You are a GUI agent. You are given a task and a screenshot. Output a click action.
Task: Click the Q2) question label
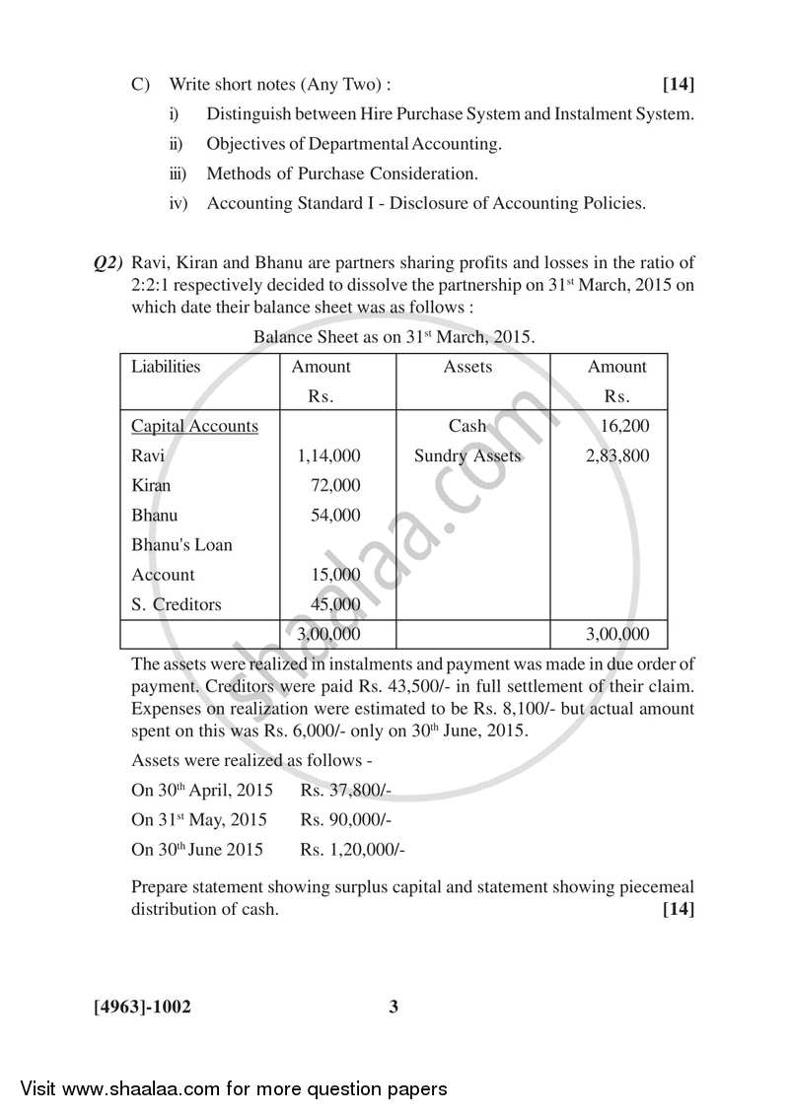106,263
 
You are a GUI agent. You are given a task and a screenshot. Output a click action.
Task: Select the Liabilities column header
166,367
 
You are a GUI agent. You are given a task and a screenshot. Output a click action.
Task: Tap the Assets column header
467,367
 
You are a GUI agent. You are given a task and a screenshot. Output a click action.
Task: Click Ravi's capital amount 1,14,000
327,456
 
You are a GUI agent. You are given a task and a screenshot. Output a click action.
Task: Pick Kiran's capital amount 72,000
337,486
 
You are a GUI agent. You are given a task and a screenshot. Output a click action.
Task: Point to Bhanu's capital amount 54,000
337,516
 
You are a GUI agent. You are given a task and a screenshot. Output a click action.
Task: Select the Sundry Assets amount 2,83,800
617,456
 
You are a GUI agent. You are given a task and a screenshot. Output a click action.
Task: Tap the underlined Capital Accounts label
194,427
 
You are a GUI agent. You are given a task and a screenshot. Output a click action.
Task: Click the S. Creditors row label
177,604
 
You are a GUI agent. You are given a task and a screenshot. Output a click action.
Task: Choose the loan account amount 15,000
337,575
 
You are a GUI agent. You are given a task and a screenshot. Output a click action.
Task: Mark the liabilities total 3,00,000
327,635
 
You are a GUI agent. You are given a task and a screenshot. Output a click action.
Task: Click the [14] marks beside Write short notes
679,84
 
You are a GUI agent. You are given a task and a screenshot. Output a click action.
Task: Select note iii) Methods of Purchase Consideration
341,174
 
